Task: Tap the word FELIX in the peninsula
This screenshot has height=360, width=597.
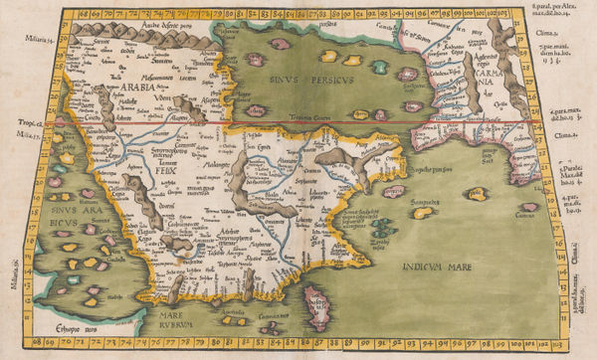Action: tap(166, 170)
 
